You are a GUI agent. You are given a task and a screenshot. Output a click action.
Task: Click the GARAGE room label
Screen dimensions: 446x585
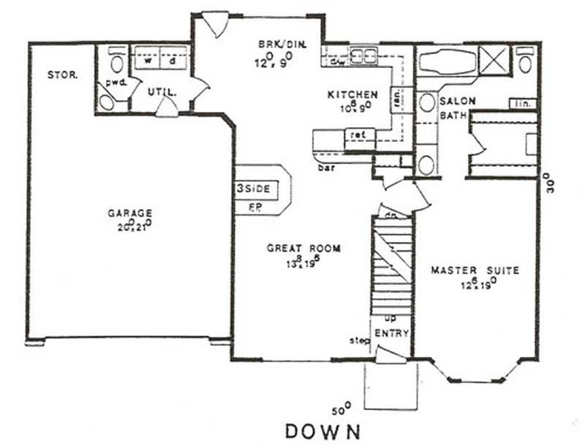pyautogui.click(x=129, y=213)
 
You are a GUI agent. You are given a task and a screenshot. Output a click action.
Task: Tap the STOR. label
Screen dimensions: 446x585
pyautogui.click(x=62, y=75)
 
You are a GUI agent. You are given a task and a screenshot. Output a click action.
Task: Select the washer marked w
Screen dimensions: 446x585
pyautogui.click(x=148, y=61)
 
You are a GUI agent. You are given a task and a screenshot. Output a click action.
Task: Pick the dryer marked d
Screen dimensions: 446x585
pyautogui.click(x=173, y=61)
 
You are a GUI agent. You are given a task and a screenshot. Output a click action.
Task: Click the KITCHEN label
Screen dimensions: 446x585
pyautogui.click(x=352, y=95)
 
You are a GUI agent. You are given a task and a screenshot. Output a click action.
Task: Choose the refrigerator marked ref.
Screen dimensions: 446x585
pyautogui.click(x=358, y=135)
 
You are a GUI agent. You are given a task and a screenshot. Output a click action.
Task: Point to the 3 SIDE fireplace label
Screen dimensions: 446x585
pyautogui.click(x=254, y=189)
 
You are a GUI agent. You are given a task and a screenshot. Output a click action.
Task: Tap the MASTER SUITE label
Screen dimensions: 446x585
pyautogui.click(x=475, y=271)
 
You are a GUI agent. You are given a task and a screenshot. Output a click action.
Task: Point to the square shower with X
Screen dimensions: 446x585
pyautogui.click(x=494, y=59)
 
